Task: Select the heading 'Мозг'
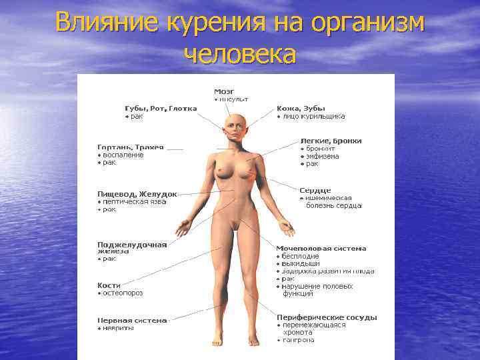[223, 91]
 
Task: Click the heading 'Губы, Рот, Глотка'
[161, 109]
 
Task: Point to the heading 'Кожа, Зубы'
[301, 108]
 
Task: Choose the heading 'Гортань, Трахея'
[131, 147]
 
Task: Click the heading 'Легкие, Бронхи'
[331, 141]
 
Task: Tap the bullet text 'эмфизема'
[323, 156]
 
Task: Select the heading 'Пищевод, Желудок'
[137, 194]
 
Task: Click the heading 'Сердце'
[315, 190]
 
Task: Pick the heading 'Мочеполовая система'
[321, 248]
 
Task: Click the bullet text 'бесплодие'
[301, 256]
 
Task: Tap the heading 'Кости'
[109, 285]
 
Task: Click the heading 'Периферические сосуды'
[327, 317]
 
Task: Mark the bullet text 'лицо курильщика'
[314, 116]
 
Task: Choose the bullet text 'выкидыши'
[301, 263]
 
